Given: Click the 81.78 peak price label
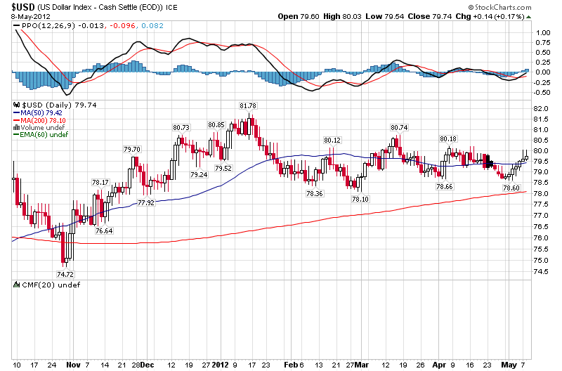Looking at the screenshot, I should [248, 105].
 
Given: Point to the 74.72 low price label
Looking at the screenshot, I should [65, 274].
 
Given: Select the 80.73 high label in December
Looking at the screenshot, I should [181, 127].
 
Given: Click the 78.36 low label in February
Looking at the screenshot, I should [313, 193].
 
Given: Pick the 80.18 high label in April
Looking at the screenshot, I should [447, 139].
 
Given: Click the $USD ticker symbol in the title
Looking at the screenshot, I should [22, 6].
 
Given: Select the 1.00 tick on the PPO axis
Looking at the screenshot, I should [542, 32].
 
